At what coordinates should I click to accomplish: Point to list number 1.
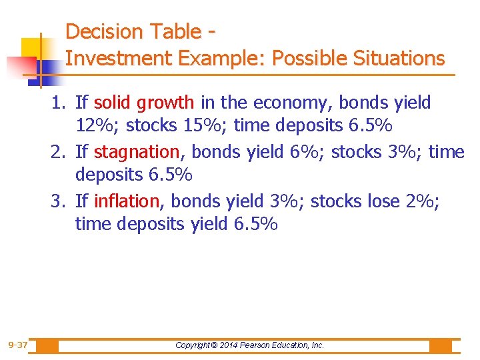coord(61,103)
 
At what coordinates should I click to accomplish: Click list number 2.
coord(61,152)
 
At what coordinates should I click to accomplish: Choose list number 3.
coord(61,201)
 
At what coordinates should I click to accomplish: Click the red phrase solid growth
coord(144,103)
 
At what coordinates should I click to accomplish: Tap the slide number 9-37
coord(17,345)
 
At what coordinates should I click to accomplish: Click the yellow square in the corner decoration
coord(31,47)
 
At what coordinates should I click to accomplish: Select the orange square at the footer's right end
coord(440,345)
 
